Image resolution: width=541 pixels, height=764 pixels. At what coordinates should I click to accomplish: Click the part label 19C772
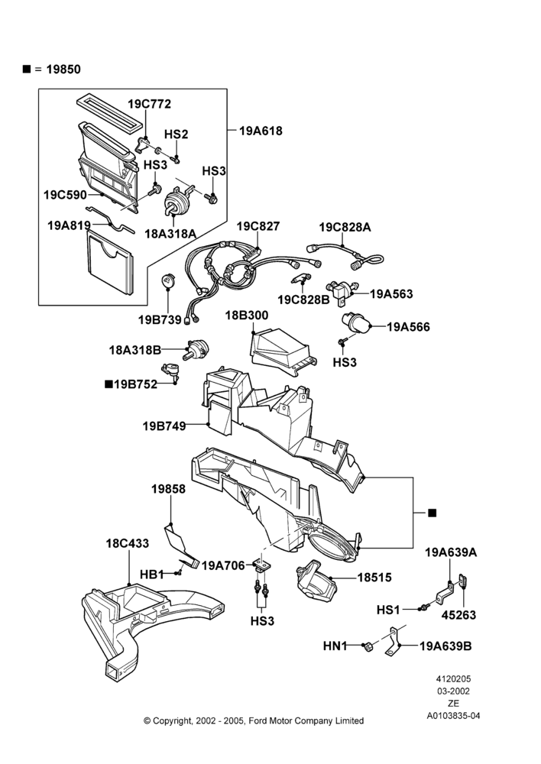point(149,104)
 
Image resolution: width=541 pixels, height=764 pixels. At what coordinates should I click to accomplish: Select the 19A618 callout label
point(261,131)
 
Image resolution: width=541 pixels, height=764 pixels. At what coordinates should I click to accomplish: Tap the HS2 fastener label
point(176,134)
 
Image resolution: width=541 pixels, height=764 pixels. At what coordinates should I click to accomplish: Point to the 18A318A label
point(170,233)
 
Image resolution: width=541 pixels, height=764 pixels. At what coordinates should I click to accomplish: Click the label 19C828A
point(345,227)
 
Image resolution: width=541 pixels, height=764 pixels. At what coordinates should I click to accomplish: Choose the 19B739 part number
point(160,319)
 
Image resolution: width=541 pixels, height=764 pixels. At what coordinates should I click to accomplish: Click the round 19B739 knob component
point(167,281)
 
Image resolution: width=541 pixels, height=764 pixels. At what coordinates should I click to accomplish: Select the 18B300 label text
point(247,316)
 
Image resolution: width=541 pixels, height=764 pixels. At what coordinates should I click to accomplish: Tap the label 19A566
point(409,326)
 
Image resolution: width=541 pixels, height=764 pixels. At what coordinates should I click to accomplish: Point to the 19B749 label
point(164,426)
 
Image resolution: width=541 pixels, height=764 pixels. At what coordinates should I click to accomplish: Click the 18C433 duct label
point(127,543)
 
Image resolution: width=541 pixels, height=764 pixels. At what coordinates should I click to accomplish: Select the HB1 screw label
point(151,575)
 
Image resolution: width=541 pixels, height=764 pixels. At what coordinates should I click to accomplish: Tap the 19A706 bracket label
point(223,565)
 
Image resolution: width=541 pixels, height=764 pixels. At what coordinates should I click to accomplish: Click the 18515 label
point(374,578)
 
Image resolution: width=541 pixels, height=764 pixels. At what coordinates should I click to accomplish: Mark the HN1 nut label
point(335,646)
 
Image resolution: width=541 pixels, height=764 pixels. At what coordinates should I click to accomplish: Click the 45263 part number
point(458,615)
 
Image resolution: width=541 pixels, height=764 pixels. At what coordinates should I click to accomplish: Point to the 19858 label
point(168,489)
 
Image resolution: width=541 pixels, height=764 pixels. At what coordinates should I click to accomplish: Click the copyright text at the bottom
point(254,720)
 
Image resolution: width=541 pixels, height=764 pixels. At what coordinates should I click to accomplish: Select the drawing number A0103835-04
point(453,716)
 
